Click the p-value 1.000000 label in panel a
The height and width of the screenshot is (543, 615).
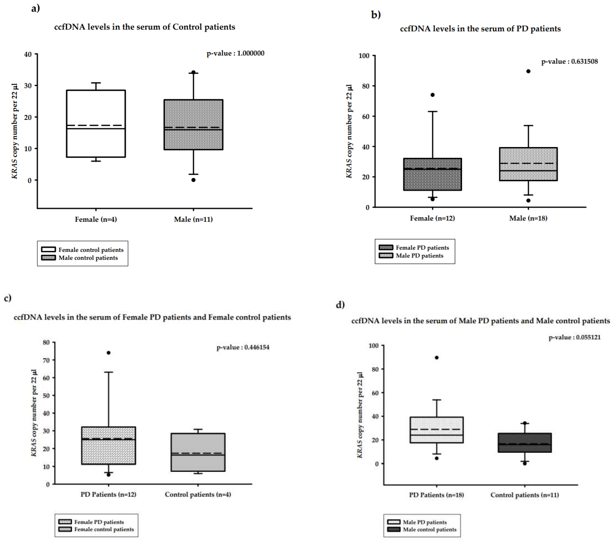[235, 53]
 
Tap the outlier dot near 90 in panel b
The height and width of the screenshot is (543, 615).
[528, 71]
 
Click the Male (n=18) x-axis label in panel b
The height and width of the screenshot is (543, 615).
[528, 218]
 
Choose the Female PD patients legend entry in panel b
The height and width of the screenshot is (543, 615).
[422, 248]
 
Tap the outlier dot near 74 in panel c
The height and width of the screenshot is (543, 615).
[109, 353]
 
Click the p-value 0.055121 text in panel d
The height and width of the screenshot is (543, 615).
[574, 337]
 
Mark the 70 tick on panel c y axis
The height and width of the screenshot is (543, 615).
[46, 360]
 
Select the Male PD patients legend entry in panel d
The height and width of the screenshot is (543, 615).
[425, 522]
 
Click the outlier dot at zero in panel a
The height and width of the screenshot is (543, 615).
[194, 180]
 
